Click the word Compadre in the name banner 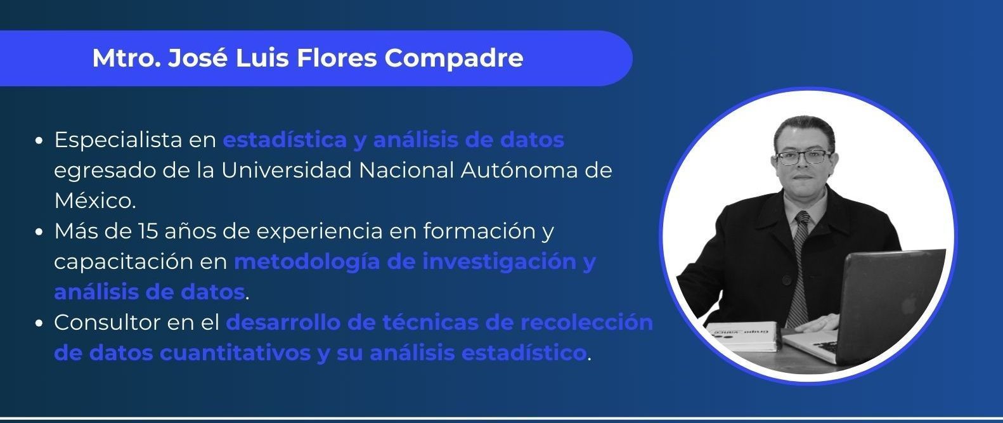pyautogui.click(x=453, y=59)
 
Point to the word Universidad pyautogui.click(x=286, y=170)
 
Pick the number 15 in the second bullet pyautogui.click(x=148, y=231)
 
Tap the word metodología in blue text pyautogui.click(x=307, y=262)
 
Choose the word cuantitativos pyautogui.click(x=235, y=353)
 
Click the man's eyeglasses pyautogui.click(x=803, y=157)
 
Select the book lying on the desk pyautogui.click(x=743, y=336)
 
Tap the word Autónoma pyautogui.click(x=519, y=170)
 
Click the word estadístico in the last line pyautogui.click(x=524, y=353)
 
